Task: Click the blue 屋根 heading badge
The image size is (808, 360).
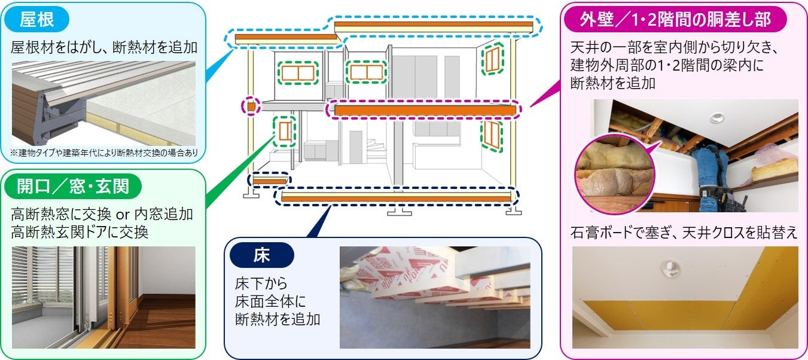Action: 38,20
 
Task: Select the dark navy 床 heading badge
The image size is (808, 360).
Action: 262,255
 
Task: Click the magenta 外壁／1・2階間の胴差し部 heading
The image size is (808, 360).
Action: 675,20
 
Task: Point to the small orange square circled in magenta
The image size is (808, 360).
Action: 251,107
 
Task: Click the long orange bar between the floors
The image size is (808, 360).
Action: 425,110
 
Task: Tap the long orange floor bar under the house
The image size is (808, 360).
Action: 396,197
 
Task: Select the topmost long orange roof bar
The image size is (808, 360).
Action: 433,26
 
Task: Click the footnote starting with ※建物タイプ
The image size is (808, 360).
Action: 105,152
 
